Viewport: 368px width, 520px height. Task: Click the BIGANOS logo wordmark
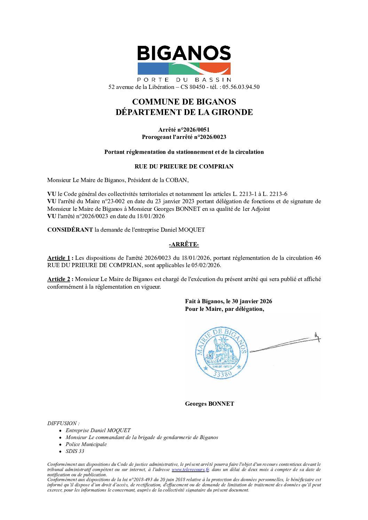pos(184,53)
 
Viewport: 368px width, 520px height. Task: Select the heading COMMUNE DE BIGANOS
pos(184,102)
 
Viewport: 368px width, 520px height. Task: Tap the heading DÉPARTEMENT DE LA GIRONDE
pos(184,112)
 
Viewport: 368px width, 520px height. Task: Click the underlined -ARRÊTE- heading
pos(184,245)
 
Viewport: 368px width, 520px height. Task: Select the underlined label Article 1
pos(58,258)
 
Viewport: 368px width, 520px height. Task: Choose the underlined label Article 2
pos(58,279)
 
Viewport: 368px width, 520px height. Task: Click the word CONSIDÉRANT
pos(70,230)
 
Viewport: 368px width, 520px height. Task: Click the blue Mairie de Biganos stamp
pos(222,352)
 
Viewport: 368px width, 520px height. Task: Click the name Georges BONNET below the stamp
pos(209,404)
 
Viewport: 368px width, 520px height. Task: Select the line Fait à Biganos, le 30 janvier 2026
pos(229,301)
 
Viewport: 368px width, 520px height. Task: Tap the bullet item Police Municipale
pos(86,444)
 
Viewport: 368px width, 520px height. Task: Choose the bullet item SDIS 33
pos(75,451)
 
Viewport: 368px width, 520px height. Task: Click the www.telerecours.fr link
pos(190,470)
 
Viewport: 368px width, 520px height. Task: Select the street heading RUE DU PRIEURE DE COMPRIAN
pos(184,166)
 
